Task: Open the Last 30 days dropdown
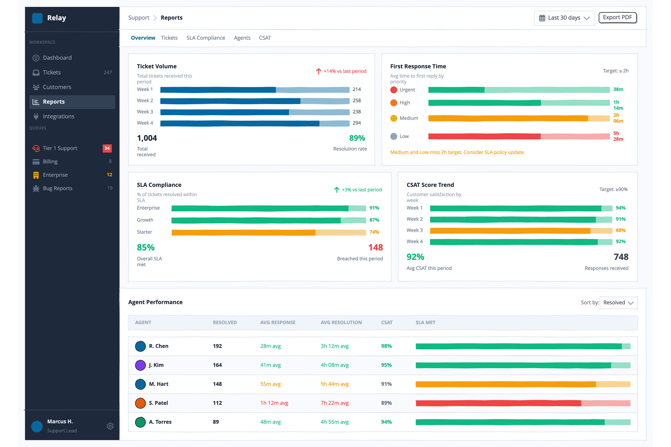(564, 18)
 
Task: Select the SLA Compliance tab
(206, 38)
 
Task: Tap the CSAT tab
(265, 38)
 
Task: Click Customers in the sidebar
(57, 87)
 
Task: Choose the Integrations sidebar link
(58, 116)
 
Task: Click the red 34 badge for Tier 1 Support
(107, 148)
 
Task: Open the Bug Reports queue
(57, 188)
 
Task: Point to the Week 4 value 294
(357, 123)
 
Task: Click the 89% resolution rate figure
(357, 138)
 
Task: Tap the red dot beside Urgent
(394, 90)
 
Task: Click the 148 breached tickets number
(376, 247)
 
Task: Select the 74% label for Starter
(374, 232)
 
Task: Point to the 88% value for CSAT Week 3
(621, 230)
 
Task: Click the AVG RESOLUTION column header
(341, 322)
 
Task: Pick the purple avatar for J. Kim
(140, 365)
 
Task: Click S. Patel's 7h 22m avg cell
(335, 403)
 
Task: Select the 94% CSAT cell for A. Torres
(386, 422)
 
